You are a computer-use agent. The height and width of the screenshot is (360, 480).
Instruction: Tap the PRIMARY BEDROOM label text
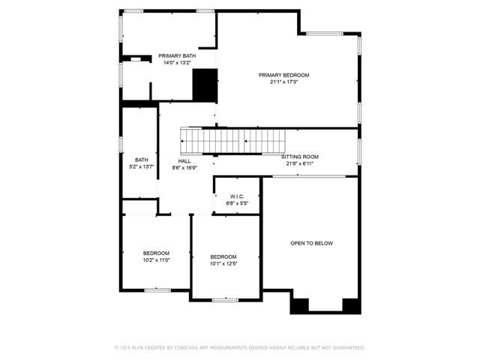click(x=283, y=75)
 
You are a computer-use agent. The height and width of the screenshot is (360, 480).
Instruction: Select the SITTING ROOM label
click(x=300, y=157)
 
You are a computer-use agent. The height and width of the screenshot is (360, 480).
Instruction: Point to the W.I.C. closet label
click(x=238, y=196)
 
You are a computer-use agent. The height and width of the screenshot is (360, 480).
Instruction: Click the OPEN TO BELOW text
click(x=311, y=243)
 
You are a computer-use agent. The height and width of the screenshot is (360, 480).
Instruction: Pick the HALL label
click(x=184, y=161)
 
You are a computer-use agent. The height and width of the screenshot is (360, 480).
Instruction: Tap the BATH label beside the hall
click(x=141, y=160)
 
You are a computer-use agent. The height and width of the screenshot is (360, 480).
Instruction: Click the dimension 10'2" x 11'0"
click(x=157, y=260)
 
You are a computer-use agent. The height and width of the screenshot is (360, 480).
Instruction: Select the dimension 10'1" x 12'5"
click(x=223, y=264)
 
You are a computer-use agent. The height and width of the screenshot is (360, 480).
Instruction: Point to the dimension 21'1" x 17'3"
click(x=283, y=82)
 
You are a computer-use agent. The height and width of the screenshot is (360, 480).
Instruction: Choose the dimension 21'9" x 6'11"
click(x=299, y=163)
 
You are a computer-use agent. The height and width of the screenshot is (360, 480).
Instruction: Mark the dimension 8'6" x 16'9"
click(x=184, y=168)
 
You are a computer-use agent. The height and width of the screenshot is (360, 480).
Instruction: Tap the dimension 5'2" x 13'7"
click(x=141, y=166)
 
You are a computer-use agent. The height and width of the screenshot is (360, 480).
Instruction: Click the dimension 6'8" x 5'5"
click(x=238, y=203)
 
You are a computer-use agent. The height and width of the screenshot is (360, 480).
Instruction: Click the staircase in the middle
click(x=233, y=139)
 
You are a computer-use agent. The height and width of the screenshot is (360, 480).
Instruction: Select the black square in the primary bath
click(x=205, y=84)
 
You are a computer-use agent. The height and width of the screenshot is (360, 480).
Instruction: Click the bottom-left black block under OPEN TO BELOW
click(x=298, y=306)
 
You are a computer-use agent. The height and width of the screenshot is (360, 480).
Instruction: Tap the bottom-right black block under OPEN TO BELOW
click(x=351, y=306)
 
